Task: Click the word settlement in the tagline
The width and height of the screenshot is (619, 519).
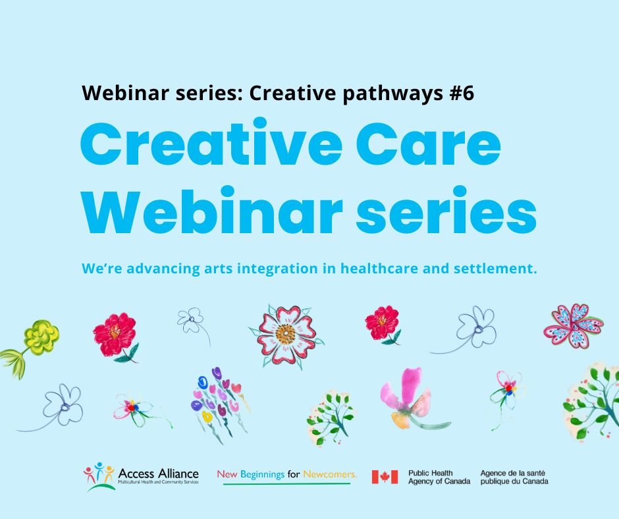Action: [495, 269]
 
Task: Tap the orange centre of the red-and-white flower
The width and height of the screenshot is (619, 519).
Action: [286, 334]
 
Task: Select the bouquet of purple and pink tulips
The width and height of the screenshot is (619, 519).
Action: [221, 404]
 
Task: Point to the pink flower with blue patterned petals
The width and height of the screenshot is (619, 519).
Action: [574, 326]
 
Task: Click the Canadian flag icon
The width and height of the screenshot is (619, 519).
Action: [385, 477]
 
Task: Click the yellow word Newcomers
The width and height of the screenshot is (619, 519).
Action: [330, 474]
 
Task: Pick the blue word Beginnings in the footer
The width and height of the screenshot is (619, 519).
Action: [262, 474]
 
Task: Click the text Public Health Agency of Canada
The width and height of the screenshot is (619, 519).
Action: [439, 477]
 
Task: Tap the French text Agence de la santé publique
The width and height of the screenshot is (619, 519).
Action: [514, 477]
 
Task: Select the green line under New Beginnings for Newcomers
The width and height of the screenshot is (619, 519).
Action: [286, 483]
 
